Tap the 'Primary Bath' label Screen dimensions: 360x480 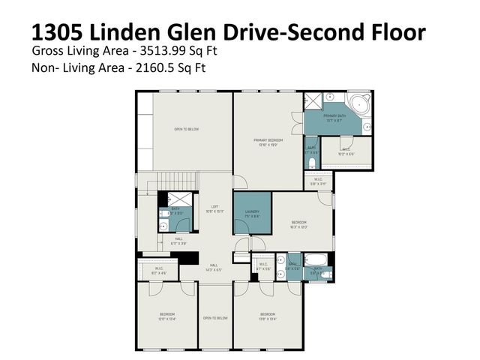pos(334,118)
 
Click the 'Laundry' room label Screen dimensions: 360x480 pos(252,214)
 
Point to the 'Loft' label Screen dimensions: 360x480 pos(214,211)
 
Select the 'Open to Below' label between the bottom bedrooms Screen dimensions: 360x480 pos(214,318)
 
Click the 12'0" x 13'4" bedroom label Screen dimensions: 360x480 pos(166,316)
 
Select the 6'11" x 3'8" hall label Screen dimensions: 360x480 pos(178,241)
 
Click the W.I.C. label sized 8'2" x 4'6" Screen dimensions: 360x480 pos(159,271)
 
